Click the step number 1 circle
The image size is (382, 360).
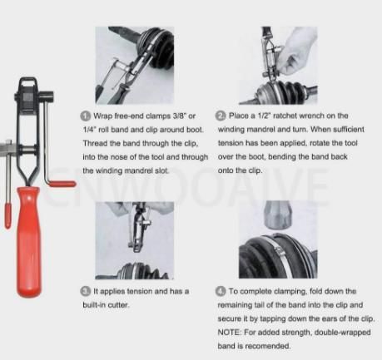point(86,116)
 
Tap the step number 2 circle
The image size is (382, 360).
point(221,116)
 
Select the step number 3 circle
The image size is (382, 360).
point(86,291)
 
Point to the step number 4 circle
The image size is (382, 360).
point(221,291)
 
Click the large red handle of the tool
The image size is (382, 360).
point(27,241)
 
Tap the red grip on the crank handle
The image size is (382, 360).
point(62,184)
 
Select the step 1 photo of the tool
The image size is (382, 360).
point(135,65)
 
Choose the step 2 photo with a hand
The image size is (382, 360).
point(278,66)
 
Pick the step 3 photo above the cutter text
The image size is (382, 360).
point(135,240)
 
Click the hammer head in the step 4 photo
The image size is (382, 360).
point(278,214)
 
